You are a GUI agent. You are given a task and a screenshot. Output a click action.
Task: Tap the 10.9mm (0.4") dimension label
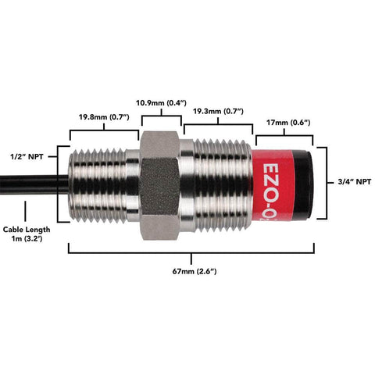click(162, 102)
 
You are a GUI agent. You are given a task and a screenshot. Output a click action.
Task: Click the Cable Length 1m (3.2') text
click(27, 235)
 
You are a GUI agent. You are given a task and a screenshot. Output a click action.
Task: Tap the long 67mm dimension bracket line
click(192, 252)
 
